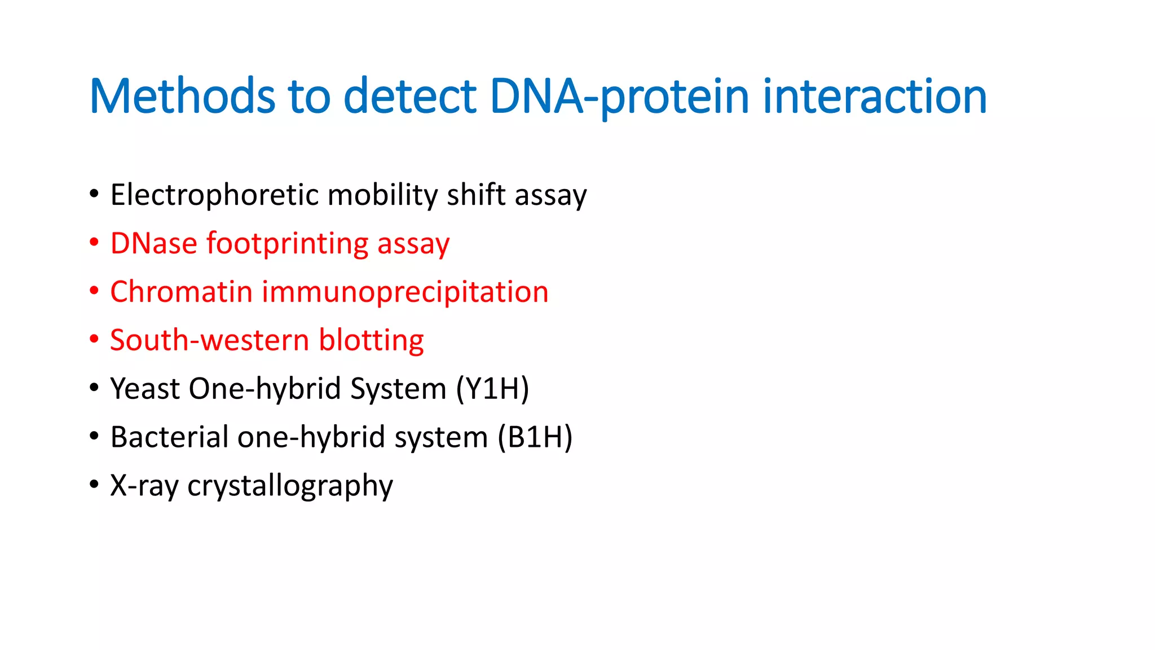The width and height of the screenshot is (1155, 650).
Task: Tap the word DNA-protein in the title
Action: tap(619, 96)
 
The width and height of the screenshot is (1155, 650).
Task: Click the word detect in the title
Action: tap(410, 96)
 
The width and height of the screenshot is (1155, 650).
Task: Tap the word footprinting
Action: tap(287, 244)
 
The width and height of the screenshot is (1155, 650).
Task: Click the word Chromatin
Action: tap(181, 292)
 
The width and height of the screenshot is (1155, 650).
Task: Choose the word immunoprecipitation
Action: tap(404, 292)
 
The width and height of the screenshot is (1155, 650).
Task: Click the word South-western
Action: tap(209, 341)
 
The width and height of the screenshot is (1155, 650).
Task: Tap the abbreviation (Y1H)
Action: tap(492, 389)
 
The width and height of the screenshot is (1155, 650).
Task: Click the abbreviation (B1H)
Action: tap(535, 438)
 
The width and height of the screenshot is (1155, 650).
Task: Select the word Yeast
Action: tap(144, 389)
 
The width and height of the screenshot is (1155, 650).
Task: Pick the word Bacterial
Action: tap(169, 438)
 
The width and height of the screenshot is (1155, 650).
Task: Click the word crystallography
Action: tap(290, 486)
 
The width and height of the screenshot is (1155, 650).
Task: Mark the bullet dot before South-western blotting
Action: tap(94, 340)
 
